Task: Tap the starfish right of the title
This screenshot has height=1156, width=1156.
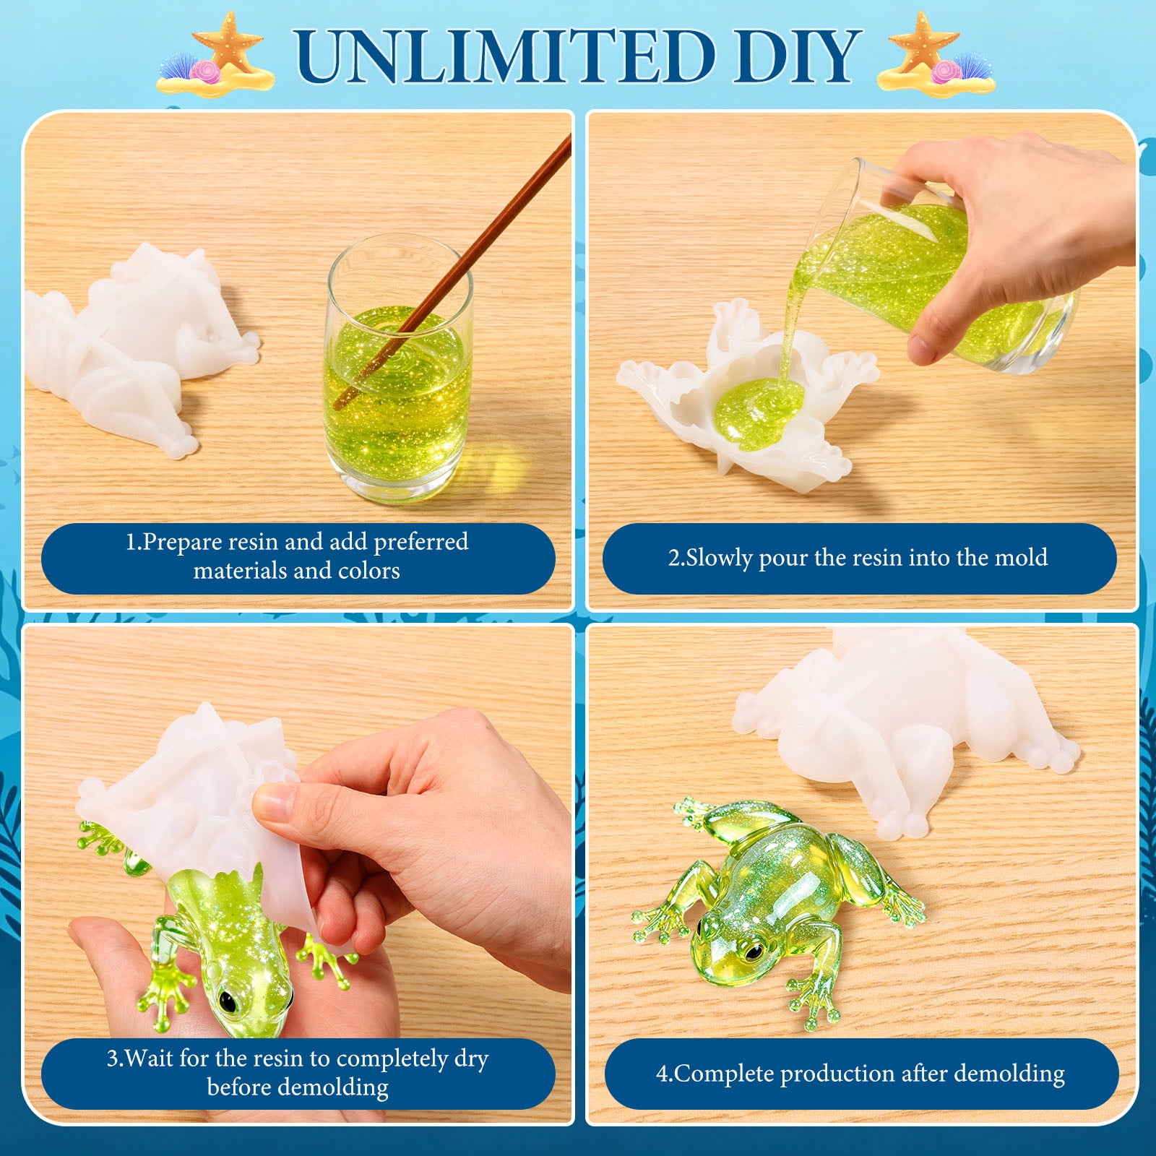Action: coord(923,43)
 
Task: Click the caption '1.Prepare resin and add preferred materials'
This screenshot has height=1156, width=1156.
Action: coord(297,556)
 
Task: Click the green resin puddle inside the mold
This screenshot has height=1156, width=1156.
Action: coord(759,408)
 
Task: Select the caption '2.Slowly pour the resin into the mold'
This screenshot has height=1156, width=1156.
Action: coord(858,558)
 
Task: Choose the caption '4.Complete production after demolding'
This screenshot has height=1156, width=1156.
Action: coord(860,1074)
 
